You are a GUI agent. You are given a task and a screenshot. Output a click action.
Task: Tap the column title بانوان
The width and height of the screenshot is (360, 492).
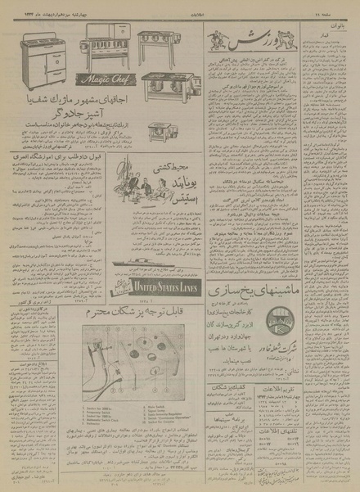click(342, 34)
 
